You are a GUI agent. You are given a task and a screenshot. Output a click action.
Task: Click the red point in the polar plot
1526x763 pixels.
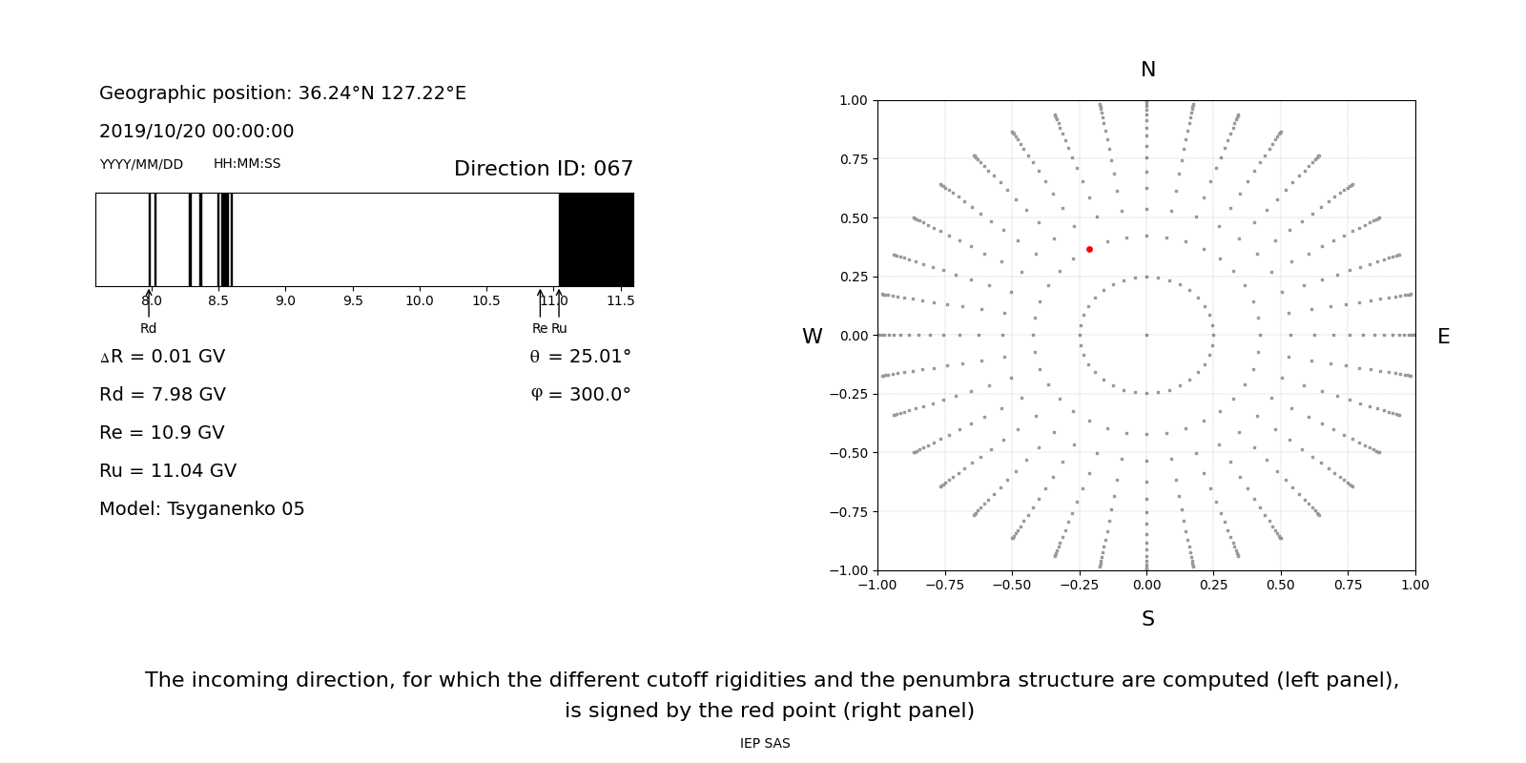coord(1089,250)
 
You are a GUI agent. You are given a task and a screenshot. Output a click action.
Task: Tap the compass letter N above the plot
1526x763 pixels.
coord(1147,71)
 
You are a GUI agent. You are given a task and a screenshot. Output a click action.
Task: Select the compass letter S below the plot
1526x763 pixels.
coord(1147,620)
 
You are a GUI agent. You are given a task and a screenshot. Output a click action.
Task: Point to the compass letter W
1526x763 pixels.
coord(812,338)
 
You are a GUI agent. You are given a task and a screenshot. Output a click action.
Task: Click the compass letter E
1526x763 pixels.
coord(1443,338)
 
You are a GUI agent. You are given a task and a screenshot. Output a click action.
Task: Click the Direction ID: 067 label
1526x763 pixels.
coord(543,170)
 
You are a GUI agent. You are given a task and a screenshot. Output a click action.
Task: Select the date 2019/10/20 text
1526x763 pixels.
coord(149,132)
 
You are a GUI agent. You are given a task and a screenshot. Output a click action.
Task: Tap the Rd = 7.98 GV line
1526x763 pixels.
coord(162,395)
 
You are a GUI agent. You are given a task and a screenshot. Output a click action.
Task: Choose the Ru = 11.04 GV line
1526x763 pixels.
coord(168,471)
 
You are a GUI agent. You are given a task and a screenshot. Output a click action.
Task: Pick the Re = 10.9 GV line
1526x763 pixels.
coord(161,433)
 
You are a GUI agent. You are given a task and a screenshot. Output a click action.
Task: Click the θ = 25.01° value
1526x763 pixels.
coord(580,357)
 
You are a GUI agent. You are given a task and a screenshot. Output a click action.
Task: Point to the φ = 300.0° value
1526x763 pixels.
coord(580,395)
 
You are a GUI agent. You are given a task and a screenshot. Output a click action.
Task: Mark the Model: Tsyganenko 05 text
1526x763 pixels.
coord(201,509)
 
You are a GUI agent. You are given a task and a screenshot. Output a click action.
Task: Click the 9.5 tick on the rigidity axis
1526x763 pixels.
coord(353,301)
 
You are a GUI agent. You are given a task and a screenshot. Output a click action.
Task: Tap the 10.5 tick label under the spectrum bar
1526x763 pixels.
coord(486,301)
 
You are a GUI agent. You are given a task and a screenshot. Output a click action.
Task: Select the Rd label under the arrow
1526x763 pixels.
coord(149,329)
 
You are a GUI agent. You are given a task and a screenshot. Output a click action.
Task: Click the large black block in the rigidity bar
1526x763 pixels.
coord(596,239)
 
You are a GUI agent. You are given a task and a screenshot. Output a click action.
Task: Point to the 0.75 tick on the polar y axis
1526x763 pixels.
coord(853,159)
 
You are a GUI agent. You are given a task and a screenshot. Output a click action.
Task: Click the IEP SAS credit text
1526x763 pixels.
coord(765,744)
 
